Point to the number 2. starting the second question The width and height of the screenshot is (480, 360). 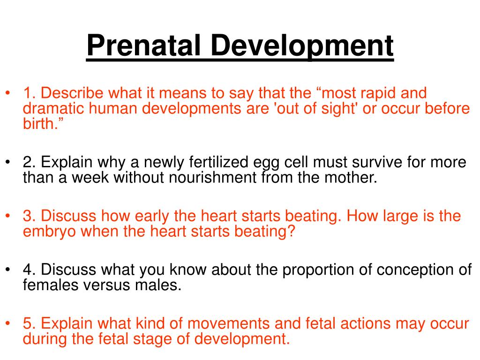(30, 163)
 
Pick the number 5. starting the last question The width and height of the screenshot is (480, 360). (30, 323)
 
